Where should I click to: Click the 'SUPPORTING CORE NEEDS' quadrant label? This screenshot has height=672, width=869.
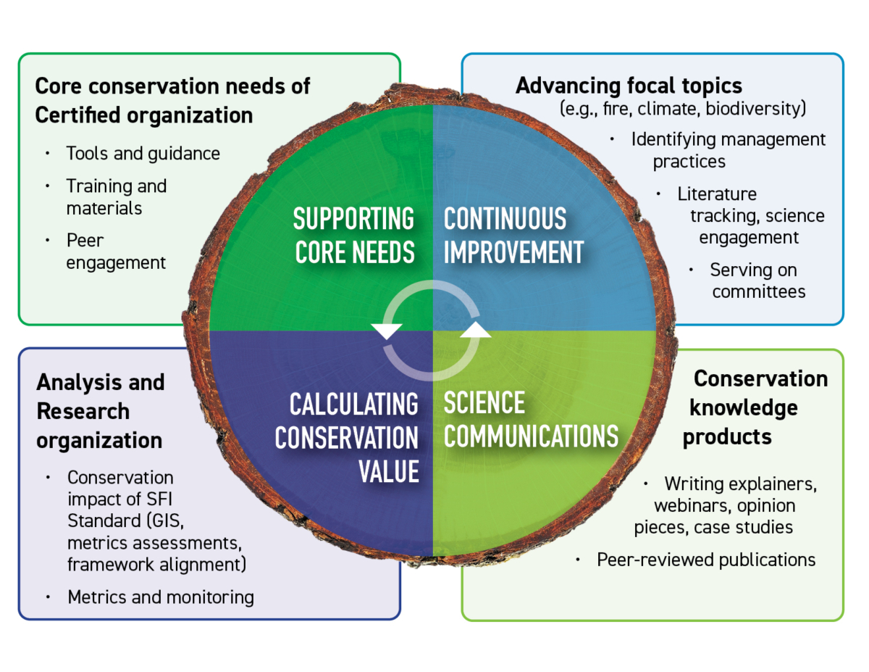[x=353, y=235]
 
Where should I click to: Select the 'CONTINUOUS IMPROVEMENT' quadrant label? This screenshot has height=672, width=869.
[x=513, y=235]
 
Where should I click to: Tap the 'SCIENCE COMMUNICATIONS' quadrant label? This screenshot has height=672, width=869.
[x=531, y=419]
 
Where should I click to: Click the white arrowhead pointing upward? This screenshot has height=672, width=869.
[x=475, y=330]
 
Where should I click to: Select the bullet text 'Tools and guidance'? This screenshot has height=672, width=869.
[x=143, y=153]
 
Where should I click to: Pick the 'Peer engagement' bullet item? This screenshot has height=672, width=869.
[x=116, y=251]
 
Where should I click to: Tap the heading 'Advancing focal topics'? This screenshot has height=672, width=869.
[x=629, y=86]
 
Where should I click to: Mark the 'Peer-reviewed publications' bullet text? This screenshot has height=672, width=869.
[x=706, y=560]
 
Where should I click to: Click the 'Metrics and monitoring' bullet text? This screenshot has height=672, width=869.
[x=161, y=597]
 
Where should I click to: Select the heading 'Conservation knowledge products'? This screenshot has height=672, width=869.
[x=753, y=408]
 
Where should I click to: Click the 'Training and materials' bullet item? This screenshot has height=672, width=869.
[x=116, y=196]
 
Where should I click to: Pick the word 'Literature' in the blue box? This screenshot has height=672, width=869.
[x=717, y=194]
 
